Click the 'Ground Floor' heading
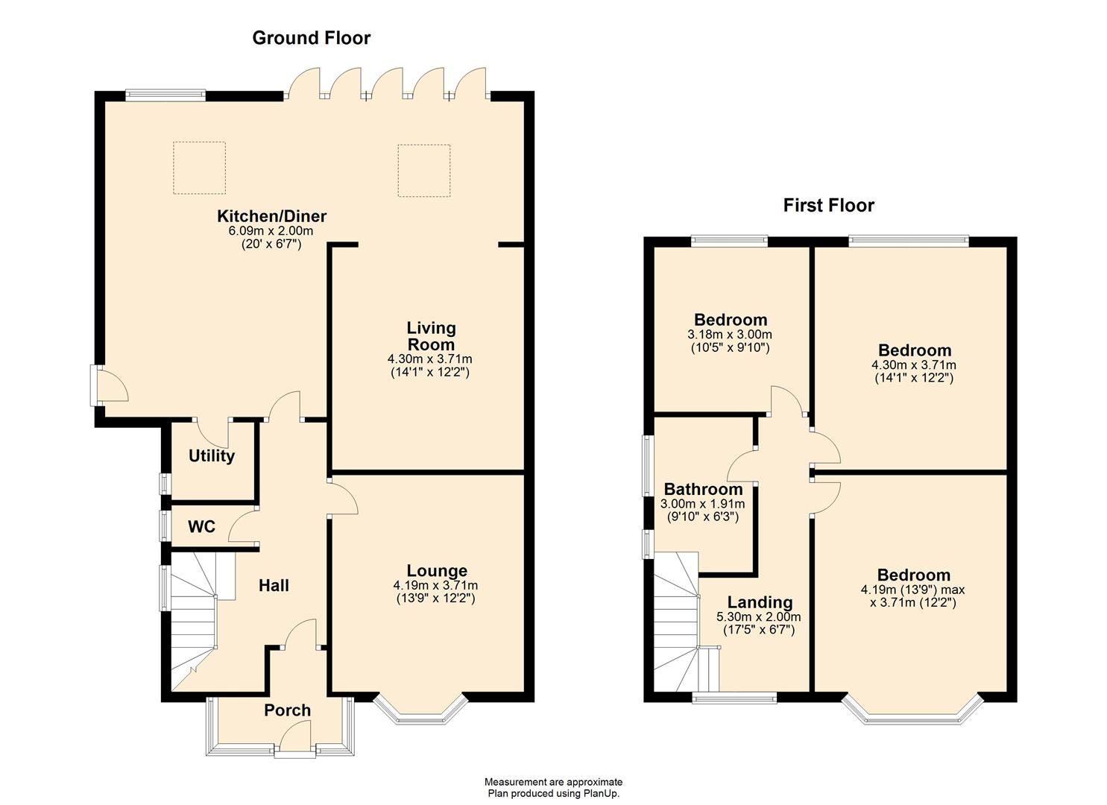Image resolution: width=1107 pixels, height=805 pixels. tap(311, 38)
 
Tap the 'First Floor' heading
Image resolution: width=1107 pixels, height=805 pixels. tap(828, 206)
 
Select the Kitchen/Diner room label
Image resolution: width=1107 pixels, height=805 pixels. tap(271, 217)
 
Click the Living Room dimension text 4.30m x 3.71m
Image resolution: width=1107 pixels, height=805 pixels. tap(429, 359)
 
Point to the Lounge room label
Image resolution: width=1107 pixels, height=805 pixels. tap(436, 572)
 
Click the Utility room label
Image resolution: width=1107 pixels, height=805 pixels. tap(212, 456)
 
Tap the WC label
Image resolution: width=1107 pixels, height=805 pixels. tap(201, 527)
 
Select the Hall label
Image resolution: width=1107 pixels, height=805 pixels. tap(274, 586)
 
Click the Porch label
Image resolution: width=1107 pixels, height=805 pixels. tap(287, 710)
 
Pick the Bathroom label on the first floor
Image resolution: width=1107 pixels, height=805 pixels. tap(703, 490)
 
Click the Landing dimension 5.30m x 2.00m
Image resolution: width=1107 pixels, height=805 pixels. tap(758, 617)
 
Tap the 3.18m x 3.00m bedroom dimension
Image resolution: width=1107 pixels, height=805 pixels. tap(729, 335)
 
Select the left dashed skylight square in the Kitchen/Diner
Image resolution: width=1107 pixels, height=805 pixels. tap(199, 168)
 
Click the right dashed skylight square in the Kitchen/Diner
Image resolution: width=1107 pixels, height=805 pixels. tap(423, 171)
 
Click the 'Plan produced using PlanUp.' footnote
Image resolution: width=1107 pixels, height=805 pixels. tap(553, 793)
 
